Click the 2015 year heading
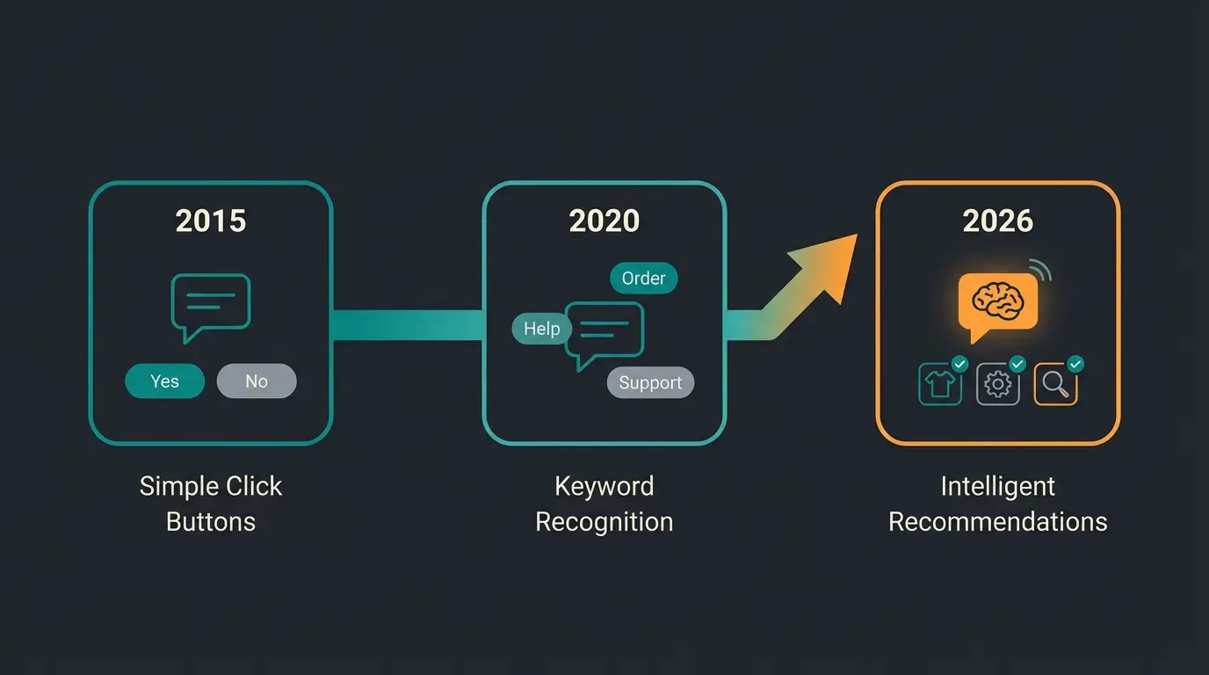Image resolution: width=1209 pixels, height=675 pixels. pos(211,221)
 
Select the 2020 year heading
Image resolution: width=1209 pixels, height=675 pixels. pos(604,221)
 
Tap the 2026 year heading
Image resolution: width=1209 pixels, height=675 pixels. pos(997,221)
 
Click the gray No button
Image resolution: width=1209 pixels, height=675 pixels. pos(257,381)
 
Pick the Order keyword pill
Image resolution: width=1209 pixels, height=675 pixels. pos(643,279)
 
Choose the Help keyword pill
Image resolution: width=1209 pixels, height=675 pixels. pos(541,329)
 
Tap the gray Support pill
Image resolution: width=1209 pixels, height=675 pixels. pos(650,383)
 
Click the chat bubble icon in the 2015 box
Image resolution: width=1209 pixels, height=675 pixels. pos(211,303)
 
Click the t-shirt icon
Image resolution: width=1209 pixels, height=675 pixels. pos(940,385)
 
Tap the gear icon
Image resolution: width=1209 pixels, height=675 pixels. pos(997,385)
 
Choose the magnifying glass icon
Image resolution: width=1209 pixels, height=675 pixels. pos(1055,385)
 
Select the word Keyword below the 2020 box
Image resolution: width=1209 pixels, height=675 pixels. pos(604,486)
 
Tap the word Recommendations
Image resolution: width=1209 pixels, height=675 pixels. pos(997,521)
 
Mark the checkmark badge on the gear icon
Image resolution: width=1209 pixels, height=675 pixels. pos(1017,364)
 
